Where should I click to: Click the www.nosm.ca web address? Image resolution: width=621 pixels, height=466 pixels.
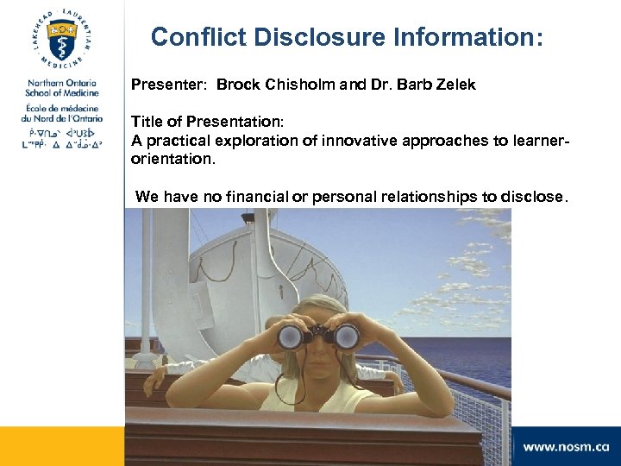566,447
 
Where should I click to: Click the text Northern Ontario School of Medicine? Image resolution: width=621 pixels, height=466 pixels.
62,88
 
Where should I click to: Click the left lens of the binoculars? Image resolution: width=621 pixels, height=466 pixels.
290,337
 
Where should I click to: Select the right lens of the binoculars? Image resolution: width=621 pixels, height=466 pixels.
346,336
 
